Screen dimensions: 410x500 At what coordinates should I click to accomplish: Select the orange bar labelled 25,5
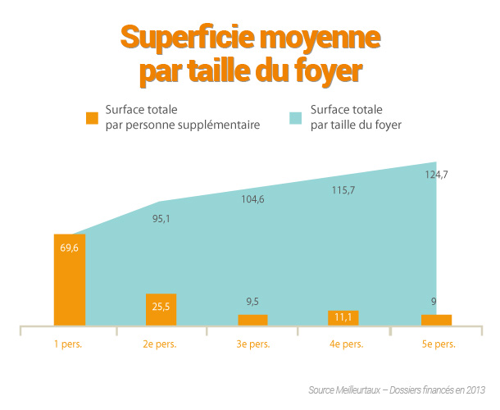(161, 309)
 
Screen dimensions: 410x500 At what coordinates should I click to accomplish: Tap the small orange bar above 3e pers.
(252, 320)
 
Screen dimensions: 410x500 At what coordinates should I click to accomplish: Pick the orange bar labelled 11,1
(344, 317)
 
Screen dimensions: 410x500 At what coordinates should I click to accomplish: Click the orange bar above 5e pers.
(436, 320)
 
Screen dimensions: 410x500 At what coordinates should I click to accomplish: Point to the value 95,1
(161, 219)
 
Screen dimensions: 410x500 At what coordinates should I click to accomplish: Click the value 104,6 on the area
(252, 200)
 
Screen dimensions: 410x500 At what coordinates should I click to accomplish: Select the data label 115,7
(343, 190)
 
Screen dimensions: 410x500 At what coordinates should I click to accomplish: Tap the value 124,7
(436, 174)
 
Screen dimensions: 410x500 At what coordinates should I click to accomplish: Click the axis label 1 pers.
(68, 344)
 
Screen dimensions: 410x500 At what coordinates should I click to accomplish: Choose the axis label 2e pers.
(161, 344)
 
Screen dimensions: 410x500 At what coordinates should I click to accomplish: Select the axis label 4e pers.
(345, 344)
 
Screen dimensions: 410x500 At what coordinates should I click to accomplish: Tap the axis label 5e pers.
(437, 344)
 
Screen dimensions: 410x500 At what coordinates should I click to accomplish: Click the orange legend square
(93, 117)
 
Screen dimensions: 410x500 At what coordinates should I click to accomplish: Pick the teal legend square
(297, 117)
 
